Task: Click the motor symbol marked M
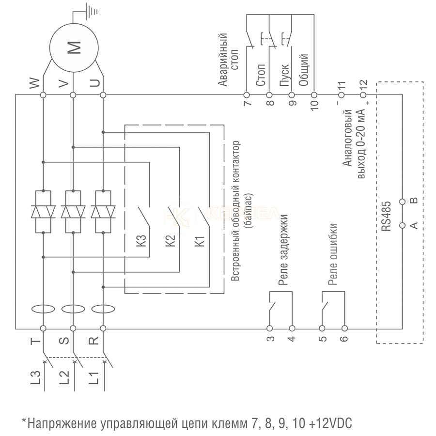74,47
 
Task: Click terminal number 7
247,103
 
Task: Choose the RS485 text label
386,219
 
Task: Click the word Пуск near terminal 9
285,75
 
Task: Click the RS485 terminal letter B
413,201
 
